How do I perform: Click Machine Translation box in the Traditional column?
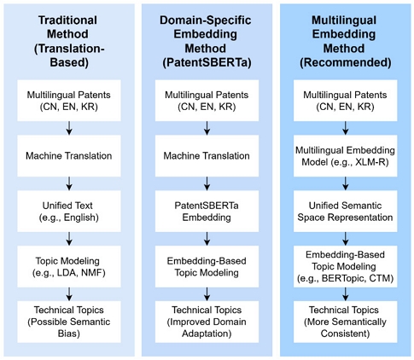tap(67, 156)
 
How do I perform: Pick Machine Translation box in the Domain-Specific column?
tap(206, 156)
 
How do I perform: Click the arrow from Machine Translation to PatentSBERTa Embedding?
tap(206, 180)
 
